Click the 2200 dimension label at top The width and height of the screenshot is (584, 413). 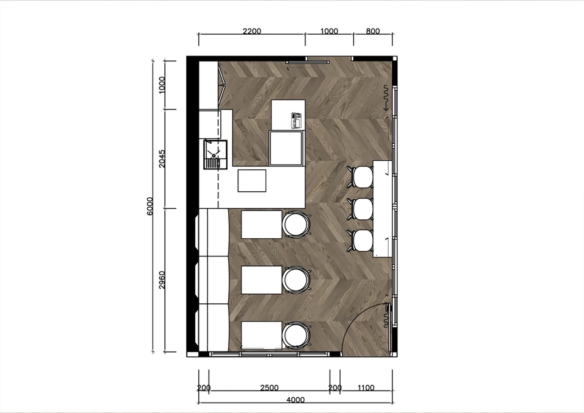252,31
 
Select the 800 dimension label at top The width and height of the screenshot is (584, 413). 373,31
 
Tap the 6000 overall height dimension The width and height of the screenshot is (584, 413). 150,206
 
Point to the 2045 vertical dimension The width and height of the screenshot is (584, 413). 162,158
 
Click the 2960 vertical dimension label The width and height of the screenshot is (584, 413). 162,280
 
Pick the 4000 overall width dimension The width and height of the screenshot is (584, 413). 296,400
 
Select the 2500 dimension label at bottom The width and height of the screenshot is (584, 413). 269,387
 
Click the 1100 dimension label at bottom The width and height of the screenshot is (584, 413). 366,387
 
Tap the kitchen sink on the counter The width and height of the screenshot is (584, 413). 215,155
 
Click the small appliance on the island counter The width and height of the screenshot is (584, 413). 296,120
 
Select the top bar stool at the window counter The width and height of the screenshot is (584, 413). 361,177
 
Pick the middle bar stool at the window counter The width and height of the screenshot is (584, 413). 361,209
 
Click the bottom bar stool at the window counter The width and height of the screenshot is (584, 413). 361,241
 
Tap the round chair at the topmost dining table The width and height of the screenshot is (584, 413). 296,224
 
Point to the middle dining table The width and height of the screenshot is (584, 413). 262,280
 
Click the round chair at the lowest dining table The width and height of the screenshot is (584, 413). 296,336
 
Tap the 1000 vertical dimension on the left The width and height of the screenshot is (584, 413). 162,85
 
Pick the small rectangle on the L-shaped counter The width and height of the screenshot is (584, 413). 252,180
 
